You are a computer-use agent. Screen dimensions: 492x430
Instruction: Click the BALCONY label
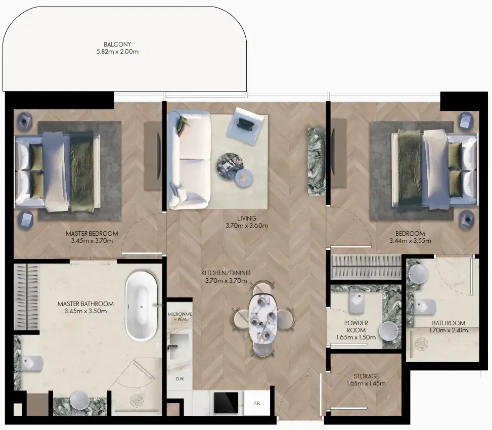tap(117, 45)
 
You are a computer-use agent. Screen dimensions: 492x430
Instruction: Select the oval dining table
tap(262, 319)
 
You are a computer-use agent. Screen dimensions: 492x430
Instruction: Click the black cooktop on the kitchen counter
tap(226, 403)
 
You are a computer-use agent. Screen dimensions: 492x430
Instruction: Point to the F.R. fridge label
tap(257, 403)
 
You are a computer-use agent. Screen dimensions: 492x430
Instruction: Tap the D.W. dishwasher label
tap(180, 379)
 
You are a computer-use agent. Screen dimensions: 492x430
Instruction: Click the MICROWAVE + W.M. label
tap(180, 317)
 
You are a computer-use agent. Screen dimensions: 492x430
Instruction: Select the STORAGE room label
tap(366, 376)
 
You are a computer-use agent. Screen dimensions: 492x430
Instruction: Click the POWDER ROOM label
tap(356, 326)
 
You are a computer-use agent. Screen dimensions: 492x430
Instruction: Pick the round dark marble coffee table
tap(230, 166)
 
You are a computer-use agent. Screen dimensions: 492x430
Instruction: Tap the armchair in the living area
tap(249, 126)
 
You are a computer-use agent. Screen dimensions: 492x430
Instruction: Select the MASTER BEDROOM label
tap(92, 234)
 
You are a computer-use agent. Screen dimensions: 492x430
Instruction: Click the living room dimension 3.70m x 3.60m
tap(247, 225)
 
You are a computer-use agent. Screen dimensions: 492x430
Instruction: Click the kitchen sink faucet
tap(172, 347)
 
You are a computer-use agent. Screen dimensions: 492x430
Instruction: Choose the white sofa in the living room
tap(189, 159)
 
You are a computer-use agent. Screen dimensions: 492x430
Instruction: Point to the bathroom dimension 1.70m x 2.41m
tap(449, 330)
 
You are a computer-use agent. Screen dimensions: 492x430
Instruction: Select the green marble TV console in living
tap(317, 162)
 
